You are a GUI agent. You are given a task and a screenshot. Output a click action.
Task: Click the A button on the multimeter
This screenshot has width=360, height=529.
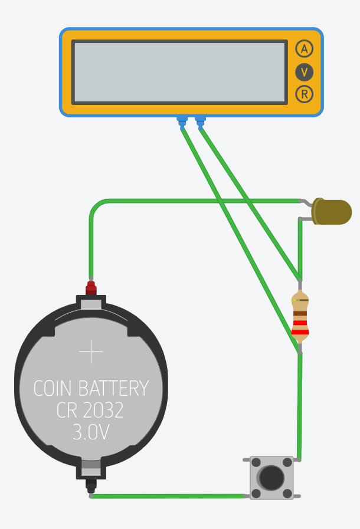click(305, 49)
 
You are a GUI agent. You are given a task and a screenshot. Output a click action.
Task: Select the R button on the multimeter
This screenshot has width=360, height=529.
click(305, 94)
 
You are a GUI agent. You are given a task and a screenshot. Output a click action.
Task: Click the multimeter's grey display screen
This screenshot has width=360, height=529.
click(179, 72)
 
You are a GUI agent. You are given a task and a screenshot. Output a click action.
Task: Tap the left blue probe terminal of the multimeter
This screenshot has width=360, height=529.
click(182, 121)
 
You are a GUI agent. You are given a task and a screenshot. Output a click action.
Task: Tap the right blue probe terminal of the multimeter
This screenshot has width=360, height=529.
click(201, 121)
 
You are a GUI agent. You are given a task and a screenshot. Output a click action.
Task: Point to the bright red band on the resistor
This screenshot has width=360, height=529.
click(300, 332)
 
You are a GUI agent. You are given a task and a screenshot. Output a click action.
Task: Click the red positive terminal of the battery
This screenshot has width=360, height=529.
click(91, 288)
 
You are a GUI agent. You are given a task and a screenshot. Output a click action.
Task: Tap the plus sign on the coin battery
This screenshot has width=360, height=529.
click(91, 352)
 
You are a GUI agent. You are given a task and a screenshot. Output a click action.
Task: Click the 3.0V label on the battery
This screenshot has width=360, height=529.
click(91, 432)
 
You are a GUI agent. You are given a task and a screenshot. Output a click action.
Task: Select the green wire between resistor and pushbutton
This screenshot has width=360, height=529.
click(300, 407)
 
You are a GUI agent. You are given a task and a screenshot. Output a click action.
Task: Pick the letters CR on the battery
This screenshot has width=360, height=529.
click(67, 410)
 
